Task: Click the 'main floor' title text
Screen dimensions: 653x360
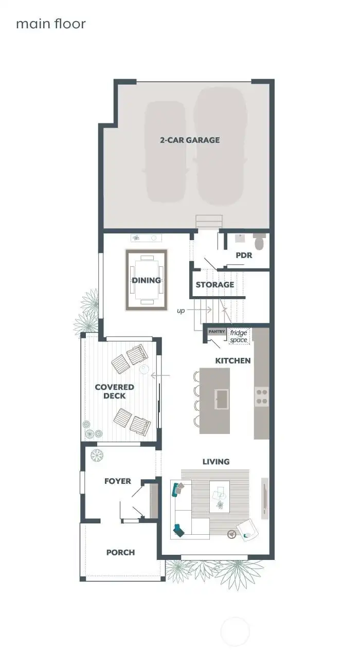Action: [x=50, y=24]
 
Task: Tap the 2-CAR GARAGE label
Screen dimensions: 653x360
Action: [x=189, y=140]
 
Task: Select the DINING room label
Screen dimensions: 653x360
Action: [x=147, y=280]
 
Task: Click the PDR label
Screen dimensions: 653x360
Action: [x=244, y=255]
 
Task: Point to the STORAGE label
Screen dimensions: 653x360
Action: [x=214, y=285]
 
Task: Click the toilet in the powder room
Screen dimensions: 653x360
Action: [x=259, y=241]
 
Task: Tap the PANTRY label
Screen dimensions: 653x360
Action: [x=217, y=332]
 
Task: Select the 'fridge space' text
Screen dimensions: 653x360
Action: [x=239, y=336]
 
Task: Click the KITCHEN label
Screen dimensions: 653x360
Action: [x=232, y=360]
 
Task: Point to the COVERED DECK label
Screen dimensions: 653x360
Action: [x=114, y=391]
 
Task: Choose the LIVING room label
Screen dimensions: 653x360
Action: [x=215, y=462]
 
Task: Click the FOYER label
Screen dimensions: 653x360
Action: [x=117, y=481]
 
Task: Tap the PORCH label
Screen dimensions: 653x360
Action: [x=120, y=552]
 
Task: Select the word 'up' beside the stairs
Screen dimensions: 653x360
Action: [x=181, y=311]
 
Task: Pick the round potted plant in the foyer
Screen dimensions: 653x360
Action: [x=97, y=456]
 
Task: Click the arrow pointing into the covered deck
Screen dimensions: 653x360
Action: [x=160, y=376]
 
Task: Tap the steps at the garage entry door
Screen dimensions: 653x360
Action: [x=209, y=221]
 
